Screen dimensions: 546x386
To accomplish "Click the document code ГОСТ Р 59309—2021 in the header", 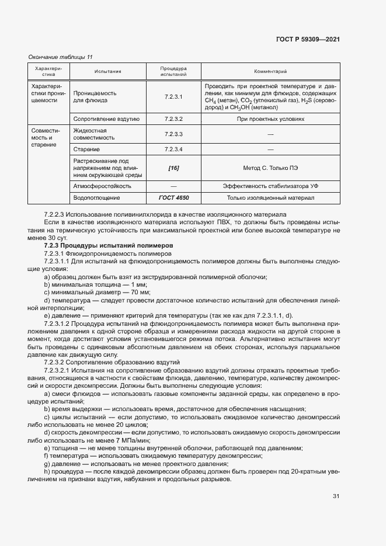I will click(x=308, y=40).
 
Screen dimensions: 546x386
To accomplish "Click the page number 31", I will click(x=336, y=496).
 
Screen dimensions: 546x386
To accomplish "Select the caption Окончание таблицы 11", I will click(x=61, y=57).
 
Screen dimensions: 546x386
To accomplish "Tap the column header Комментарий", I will click(x=270, y=72).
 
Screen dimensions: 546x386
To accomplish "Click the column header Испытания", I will click(x=107, y=72).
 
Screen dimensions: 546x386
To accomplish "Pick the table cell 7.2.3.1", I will click(x=173, y=97).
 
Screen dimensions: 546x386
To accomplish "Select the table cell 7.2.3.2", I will click(x=173, y=119).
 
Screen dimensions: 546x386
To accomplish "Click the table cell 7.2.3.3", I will click(x=173, y=134).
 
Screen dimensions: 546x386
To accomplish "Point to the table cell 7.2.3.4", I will click(x=173, y=149).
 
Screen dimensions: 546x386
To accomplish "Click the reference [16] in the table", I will click(x=173, y=168).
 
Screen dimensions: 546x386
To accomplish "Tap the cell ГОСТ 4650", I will click(x=173, y=197).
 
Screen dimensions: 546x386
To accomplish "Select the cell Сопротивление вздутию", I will click(x=106, y=119).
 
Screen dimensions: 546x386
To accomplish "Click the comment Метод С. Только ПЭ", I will click(x=270, y=168).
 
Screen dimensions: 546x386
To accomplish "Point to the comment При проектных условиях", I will click(x=270, y=119).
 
